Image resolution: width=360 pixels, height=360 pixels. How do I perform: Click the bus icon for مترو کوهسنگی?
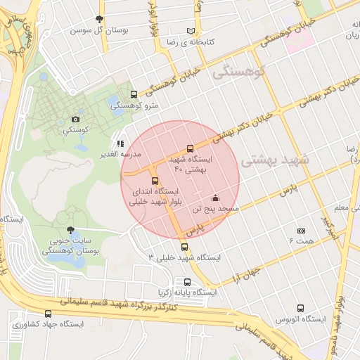pos(134,94)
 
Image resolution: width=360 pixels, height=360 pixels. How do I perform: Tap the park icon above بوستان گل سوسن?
pos(98,20)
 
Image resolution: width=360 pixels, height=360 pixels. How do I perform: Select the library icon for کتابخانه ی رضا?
pos(191,31)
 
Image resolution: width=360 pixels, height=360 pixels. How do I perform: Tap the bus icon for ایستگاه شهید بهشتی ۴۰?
pos(190,148)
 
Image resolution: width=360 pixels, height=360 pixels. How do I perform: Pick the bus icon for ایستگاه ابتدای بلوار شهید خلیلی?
pos(155,181)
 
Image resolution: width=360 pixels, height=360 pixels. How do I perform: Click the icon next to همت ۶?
pos(302,231)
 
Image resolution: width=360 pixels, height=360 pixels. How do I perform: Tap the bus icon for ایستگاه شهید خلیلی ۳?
pos(184,247)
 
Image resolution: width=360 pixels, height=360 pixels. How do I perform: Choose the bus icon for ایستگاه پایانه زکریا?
pos(186,282)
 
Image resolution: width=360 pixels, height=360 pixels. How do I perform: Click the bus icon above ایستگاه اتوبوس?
pos(301,308)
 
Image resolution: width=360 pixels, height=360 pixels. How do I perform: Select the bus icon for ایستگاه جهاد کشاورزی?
pos(48,314)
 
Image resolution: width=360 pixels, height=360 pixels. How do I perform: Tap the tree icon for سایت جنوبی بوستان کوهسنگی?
pos(69,230)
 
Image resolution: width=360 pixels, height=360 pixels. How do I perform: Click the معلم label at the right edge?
pos(341,208)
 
